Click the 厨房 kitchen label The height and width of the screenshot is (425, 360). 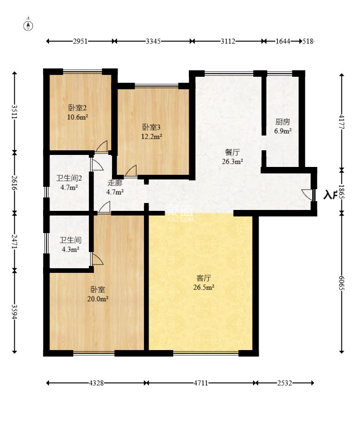283,122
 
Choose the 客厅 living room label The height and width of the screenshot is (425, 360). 204,278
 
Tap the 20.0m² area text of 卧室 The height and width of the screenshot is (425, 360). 98,299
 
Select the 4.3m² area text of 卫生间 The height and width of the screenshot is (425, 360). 69,249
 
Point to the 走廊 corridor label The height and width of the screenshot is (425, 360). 115,183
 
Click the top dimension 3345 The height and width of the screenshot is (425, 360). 153,41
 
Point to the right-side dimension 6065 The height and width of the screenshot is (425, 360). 342,282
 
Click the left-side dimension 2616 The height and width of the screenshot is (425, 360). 15,182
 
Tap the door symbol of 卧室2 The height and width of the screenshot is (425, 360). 102,147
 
